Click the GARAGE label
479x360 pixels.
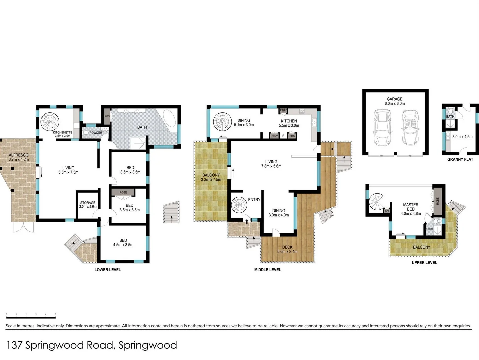click(x=394, y=99)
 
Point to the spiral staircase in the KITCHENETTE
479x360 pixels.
click(x=50, y=121)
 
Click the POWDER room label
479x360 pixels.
click(x=96, y=133)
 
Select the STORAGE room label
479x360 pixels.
click(x=88, y=203)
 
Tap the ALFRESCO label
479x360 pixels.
click(x=19, y=155)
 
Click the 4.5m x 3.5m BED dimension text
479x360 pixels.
click(x=123, y=245)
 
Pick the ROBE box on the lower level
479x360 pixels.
click(x=123, y=192)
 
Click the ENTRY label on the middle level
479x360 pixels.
click(x=254, y=200)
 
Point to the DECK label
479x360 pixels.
click(x=287, y=247)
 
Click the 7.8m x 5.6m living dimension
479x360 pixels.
click(x=271, y=166)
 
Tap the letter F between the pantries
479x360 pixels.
click(x=283, y=136)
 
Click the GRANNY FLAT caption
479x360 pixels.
click(x=460, y=159)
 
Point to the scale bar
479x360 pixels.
click(x=31, y=314)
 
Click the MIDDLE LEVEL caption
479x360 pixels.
click(x=267, y=270)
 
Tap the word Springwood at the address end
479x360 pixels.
click(x=148, y=345)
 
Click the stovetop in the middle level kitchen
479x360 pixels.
click(x=302, y=111)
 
